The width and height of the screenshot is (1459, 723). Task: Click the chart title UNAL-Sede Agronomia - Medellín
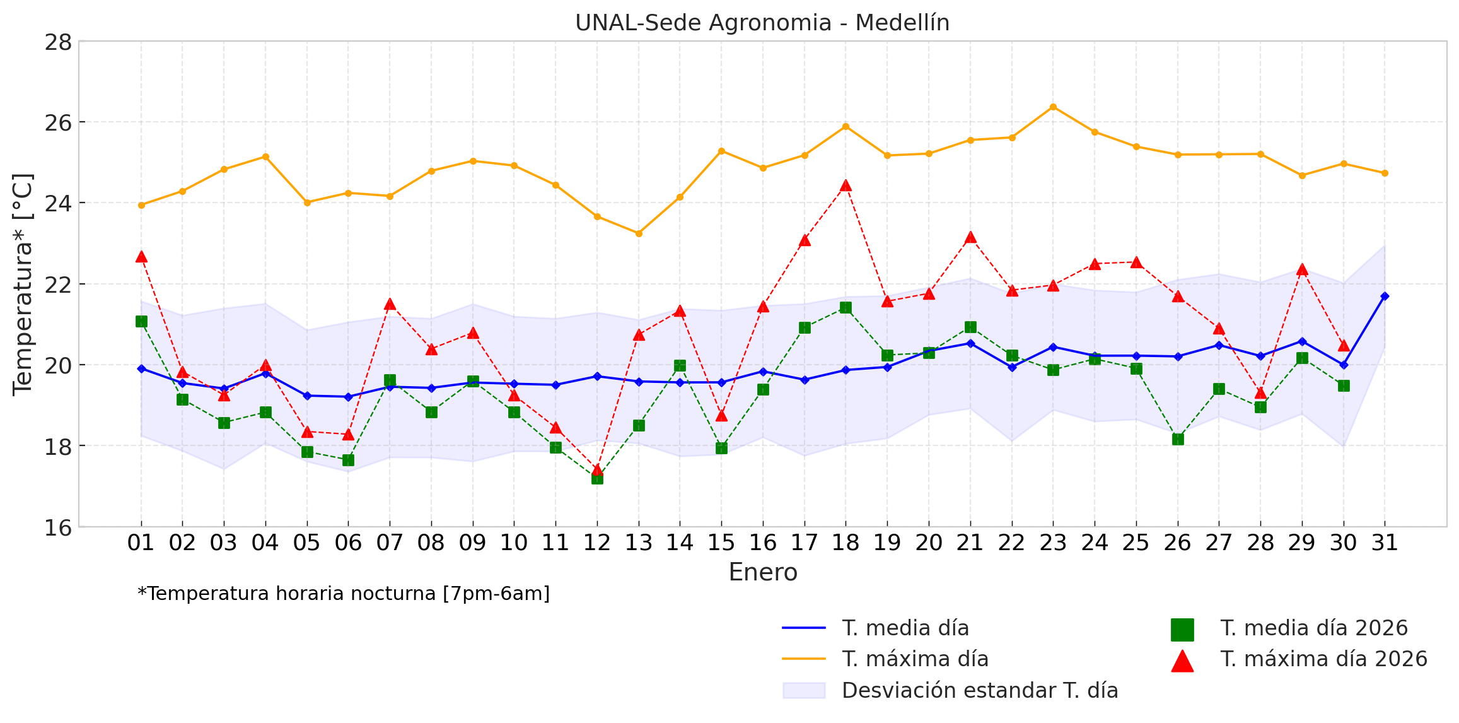(762, 23)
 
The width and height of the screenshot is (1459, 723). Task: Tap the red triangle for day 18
(846, 185)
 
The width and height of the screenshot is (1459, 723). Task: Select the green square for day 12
(597, 478)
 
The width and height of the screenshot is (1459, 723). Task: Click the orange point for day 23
(1053, 107)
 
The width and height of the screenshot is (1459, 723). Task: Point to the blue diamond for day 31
(1385, 296)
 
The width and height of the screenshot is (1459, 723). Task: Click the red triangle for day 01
(141, 257)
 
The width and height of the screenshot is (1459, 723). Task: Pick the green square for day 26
(1178, 439)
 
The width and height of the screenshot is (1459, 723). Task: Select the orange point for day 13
(639, 233)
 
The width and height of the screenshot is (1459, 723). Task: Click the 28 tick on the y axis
(58, 42)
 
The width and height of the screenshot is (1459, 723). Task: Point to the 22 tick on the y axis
(58, 284)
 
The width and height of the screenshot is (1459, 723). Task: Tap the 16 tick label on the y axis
(58, 527)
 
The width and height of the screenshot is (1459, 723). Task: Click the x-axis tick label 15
(721, 543)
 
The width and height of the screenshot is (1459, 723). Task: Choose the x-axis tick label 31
(1385, 543)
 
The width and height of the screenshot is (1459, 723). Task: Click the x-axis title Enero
(763, 572)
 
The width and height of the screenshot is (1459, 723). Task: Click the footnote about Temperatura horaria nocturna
(344, 594)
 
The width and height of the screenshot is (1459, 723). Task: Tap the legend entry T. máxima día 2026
(1323, 659)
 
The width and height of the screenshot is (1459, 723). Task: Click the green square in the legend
(1182, 629)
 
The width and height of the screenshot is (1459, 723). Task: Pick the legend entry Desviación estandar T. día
(979, 690)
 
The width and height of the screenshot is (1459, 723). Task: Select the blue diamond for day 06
(348, 397)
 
